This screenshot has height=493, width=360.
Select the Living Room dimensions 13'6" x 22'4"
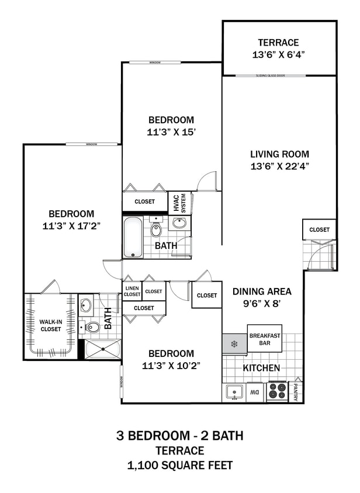(x=279, y=165)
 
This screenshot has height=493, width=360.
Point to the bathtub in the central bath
(x=133, y=237)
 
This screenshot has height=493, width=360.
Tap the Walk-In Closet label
(x=50, y=325)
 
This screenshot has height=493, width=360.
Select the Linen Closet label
(x=132, y=291)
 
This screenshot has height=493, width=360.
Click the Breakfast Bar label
(x=264, y=339)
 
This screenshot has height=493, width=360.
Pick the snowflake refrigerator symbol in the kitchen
(x=234, y=344)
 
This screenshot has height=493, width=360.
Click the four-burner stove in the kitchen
(x=277, y=391)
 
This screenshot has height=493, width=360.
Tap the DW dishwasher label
(x=255, y=393)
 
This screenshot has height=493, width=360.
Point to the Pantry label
(x=297, y=392)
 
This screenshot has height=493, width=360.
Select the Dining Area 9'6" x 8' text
(x=262, y=297)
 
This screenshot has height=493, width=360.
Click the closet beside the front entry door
(x=319, y=230)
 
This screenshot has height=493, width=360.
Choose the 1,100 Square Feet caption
(x=180, y=466)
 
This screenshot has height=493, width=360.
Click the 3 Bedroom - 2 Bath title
(x=180, y=436)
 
